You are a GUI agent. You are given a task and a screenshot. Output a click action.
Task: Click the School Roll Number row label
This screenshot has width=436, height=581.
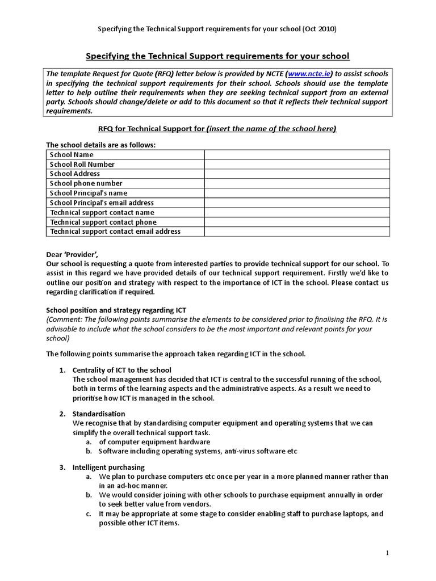coord(82,165)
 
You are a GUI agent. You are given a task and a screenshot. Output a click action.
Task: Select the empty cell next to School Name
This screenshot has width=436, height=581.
coord(297,155)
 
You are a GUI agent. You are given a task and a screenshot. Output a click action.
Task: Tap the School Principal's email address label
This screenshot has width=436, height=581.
coord(102,203)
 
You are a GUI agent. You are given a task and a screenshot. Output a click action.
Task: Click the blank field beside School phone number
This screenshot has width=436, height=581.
coord(297,184)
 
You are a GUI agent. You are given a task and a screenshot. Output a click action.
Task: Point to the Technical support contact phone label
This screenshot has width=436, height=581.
coord(103,222)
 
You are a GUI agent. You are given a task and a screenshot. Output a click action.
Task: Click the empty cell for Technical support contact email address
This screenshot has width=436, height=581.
coord(297,231)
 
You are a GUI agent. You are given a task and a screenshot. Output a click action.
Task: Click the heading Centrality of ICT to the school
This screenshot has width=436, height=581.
coord(121,370)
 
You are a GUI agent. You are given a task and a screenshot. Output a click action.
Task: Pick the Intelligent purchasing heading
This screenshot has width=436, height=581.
coord(108,468)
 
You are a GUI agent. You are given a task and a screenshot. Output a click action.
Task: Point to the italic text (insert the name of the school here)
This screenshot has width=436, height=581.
coord(271,129)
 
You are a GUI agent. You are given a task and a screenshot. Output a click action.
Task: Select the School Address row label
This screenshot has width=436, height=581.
coord(75,174)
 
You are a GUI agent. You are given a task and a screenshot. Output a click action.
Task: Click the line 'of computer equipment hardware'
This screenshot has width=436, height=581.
coord(154,442)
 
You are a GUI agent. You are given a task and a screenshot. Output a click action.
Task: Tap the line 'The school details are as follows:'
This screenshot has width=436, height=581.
coord(100,145)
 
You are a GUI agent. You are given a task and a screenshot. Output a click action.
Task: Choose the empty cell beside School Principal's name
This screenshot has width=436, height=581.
coord(297,193)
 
